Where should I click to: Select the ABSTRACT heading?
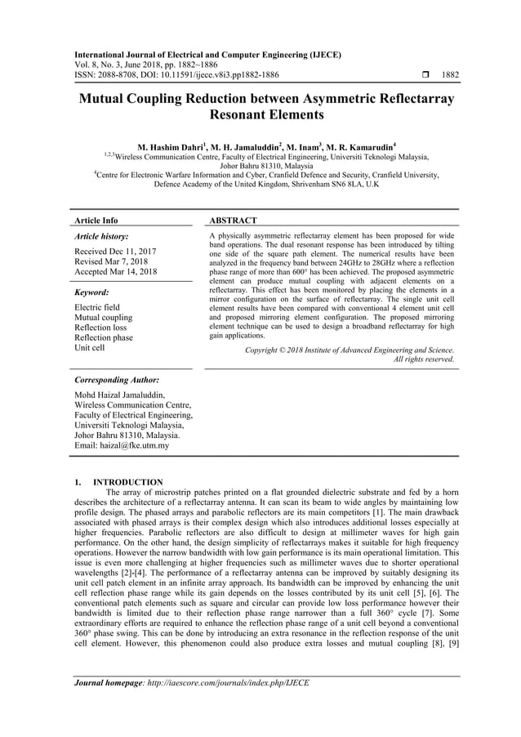pyautogui.click(x=234, y=221)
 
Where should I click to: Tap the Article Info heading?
pyautogui.click(x=96, y=221)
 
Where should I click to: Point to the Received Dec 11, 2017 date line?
pyautogui.click(x=116, y=251)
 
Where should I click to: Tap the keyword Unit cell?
pyautogui.click(x=90, y=348)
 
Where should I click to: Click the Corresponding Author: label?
pyautogui.click(x=116, y=380)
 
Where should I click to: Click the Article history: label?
pyautogui.click(x=101, y=235)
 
